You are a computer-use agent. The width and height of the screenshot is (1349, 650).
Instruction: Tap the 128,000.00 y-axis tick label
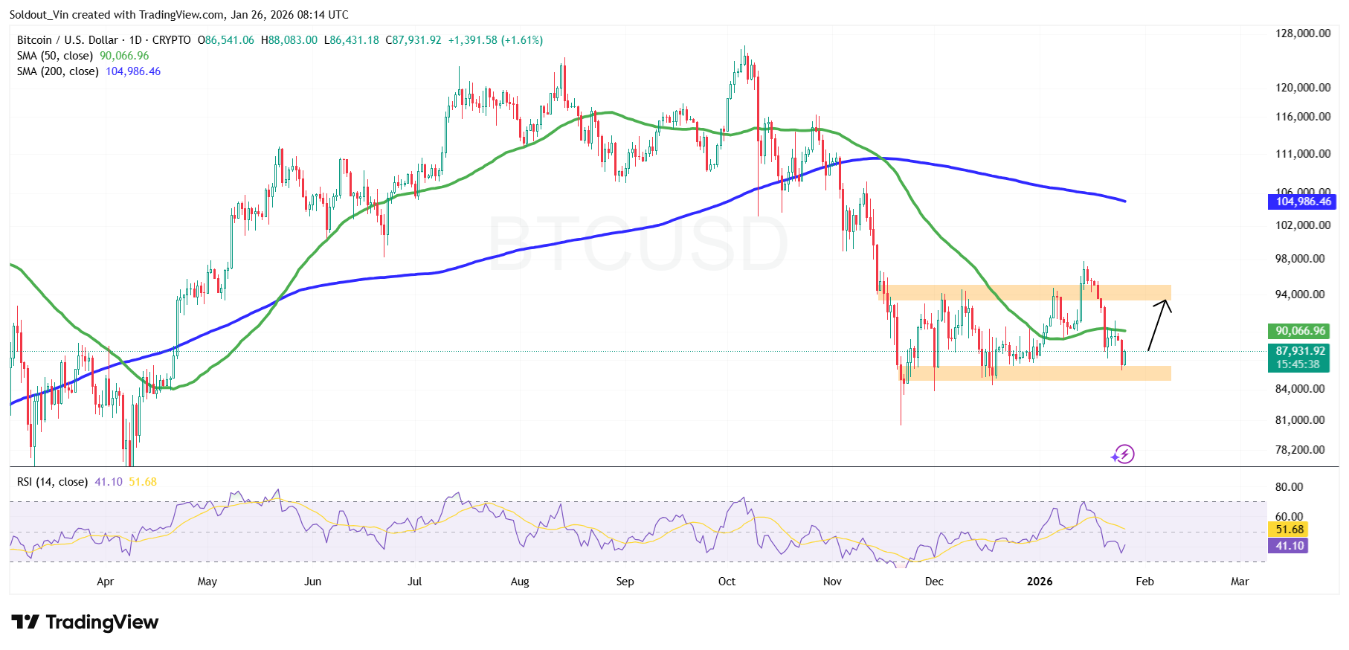[1303, 33]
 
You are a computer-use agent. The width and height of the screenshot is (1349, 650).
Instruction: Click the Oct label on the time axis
[727, 582]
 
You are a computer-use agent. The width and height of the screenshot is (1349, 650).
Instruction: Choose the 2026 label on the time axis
[1039, 582]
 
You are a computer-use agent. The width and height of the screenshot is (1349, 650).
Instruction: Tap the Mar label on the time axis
[1240, 582]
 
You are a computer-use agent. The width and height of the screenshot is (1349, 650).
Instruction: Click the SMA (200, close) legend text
[58, 71]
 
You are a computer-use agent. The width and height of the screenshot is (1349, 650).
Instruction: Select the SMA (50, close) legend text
[55, 56]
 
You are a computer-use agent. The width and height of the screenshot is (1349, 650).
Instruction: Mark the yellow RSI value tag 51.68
[1290, 530]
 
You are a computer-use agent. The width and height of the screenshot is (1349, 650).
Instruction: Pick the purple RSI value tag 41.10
[1290, 546]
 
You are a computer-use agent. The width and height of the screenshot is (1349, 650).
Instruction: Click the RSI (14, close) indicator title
[52, 482]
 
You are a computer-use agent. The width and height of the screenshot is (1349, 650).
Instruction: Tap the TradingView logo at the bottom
[85, 622]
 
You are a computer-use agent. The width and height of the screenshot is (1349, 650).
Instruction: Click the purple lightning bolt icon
[1123, 454]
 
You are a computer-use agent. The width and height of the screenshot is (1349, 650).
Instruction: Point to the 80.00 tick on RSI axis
[1289, 487]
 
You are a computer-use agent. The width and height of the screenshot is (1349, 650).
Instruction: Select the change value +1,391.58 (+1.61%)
[495, 40]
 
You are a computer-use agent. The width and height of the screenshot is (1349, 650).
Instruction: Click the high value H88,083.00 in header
[289, 40]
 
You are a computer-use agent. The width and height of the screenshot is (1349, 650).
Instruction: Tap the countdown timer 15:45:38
[1298, 364]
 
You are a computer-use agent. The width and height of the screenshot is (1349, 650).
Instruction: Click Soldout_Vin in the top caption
[39, 15]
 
